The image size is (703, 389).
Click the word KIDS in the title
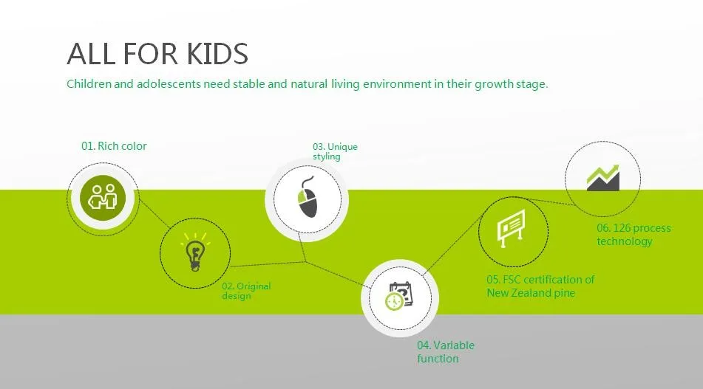point(217,54)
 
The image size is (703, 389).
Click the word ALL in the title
point(91,54)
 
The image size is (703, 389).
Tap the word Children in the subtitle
point(89,83)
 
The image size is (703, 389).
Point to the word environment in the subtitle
point(397,83)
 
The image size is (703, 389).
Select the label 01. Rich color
point(114,146)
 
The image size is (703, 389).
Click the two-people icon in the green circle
point(103,197)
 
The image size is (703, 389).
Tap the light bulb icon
point(195,252)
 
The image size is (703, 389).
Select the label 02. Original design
point(246,291)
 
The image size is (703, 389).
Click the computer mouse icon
point(308,197)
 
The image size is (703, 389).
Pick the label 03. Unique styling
point(335,151)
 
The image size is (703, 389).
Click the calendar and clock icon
point(399,295)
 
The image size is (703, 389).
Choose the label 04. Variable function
point(445,352)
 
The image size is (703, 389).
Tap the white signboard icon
point(511,228)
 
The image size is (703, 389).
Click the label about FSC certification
point(540,286)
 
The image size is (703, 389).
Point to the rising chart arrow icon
point(603,178)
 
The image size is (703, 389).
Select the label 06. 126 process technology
point(634,235)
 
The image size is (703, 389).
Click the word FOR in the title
point(150,54)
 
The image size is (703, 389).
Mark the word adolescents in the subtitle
point(169,83)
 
